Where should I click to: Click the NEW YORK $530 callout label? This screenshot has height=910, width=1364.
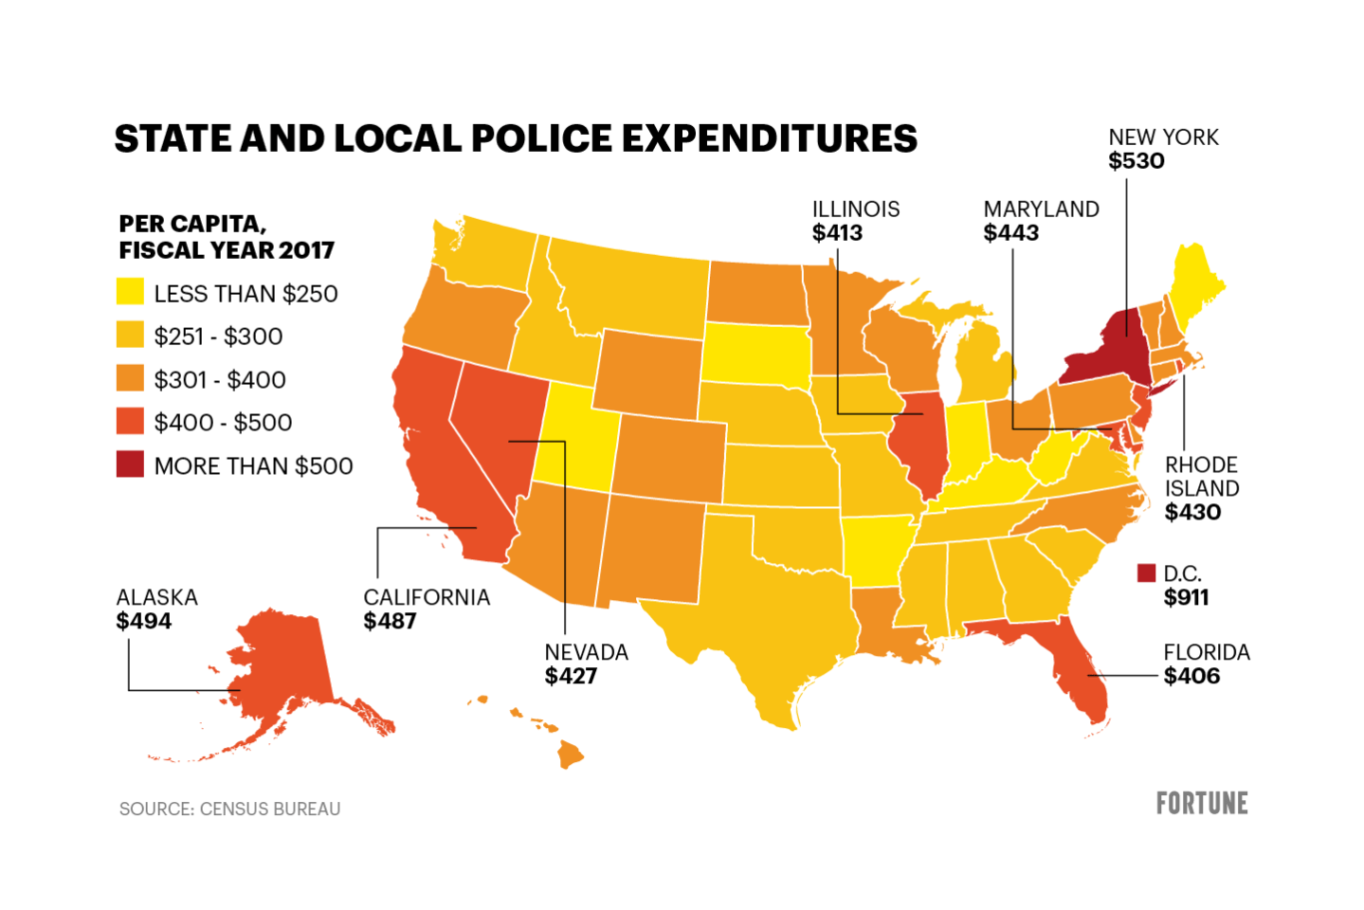[1163, 149]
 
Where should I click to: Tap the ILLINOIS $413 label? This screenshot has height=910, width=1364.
[855, 221]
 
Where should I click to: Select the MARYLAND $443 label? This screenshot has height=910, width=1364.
[1041, 221]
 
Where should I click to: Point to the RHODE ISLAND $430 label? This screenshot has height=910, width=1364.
[1201, 488]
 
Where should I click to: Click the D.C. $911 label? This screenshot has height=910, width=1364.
[1185, 586]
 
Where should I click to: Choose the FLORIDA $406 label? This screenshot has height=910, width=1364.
[1206, 664]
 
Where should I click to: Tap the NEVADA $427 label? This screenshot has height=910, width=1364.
[586, 664]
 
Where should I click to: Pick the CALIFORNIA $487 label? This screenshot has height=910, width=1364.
[427, 609]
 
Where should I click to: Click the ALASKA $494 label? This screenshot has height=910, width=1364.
[156, 609]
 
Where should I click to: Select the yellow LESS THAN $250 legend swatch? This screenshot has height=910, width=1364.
[130, 292]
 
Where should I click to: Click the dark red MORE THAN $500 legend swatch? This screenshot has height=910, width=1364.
[130, 464]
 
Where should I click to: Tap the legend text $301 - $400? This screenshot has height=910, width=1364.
[220, 379]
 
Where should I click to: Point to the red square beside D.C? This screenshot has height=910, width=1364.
[1146, 573]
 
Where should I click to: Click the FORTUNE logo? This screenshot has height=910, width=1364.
[1201, 803]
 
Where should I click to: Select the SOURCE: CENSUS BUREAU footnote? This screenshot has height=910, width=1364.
[229, 809]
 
